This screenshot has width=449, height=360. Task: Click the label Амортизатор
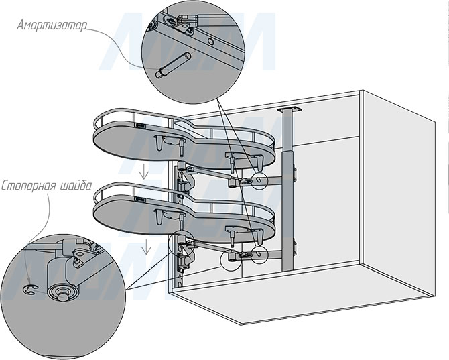(x=52, y=25)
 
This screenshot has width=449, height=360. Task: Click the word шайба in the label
(x=76, y=186)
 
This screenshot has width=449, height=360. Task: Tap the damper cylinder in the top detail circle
(x=174, y=65)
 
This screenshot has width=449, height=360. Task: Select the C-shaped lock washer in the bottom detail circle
(x=29, y=290)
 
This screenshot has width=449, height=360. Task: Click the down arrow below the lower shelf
(x=146, y=247)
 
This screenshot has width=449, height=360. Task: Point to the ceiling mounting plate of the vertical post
(x=290, y=109)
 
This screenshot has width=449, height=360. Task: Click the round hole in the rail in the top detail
(x=210, y=42)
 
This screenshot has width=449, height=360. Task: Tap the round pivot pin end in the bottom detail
(x=63, y=294)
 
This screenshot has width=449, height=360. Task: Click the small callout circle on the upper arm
(x=259, y=181)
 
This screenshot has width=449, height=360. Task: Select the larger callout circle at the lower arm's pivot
(x=231, y=260)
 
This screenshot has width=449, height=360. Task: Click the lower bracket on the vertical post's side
(x=294, y=248)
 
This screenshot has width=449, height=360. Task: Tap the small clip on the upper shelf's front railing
(x=140, y=125)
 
